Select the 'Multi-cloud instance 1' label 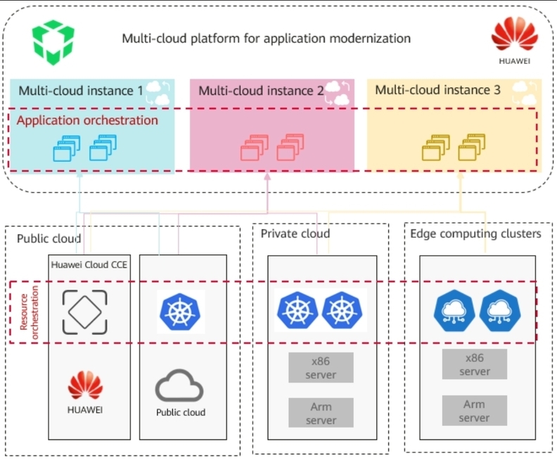[81, 91]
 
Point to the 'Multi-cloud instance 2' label [261, 91]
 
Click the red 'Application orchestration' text [87, 120]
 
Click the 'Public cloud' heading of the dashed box [49, 238]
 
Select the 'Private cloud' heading [295, 233]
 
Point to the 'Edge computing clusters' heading [476, 233]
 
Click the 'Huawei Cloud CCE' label [89, 264]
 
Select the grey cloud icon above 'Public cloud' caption [180, 386]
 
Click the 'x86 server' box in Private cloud [321, 368]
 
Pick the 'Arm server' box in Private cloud [321, 413]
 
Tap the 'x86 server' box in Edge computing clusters [474, 364]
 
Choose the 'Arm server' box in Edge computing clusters [474, 410]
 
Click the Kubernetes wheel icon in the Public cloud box [181, 311]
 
